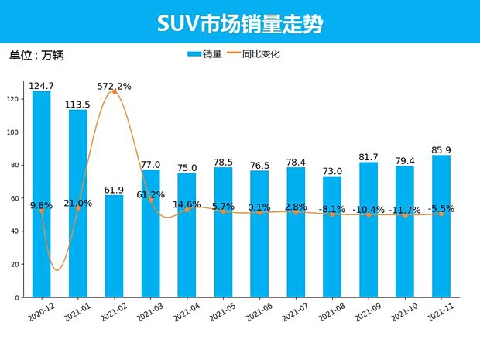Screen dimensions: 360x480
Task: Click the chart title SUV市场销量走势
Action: [239, 23]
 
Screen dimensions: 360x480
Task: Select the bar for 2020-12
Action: [42, 194]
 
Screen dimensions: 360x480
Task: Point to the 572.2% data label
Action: [115, 86]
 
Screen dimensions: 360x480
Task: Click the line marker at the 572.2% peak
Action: [115, 91]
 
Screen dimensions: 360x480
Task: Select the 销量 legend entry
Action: [204, 54]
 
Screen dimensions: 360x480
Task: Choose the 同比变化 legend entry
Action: [255, 54]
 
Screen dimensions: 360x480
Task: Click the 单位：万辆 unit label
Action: [36, 55]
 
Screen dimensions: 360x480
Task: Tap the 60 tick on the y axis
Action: [15, 198]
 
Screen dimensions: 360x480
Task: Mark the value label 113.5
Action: [78, 105]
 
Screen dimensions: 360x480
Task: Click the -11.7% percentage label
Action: [405, 210]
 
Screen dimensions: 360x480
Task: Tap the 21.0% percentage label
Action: [78, 203]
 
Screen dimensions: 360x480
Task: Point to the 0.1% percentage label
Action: [259, 207]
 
